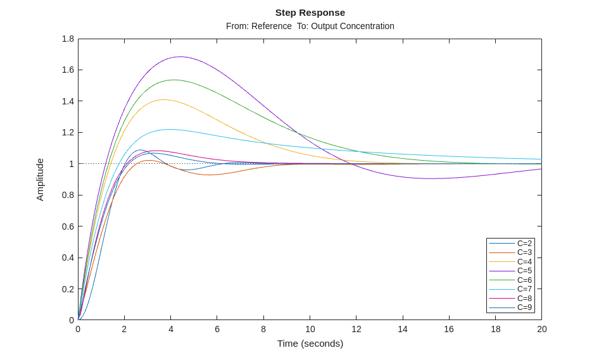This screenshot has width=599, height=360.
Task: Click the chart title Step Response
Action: coord(310,13)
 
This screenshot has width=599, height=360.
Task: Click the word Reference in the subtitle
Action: coord(272,26)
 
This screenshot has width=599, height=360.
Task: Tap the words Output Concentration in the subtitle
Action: coord(353,26)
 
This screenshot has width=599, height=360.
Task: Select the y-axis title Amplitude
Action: coord(40,180)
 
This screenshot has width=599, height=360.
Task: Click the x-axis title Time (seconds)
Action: coord(310,344)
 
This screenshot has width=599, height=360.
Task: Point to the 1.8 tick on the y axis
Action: coord(68,39)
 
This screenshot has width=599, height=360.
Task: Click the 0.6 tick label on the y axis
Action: coord(68,227)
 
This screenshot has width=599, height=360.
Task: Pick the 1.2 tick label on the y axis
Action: coord(68,132)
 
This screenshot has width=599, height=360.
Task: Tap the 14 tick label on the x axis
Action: coord(403,329)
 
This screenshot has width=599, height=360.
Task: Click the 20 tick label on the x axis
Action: coord(542,329)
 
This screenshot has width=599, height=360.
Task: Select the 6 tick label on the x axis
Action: coord(217,329)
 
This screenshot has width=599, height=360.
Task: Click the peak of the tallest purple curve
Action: coord(180,57)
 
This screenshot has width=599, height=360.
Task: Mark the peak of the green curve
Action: coord(173,80)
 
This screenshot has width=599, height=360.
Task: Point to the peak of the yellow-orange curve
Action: coord(164,99)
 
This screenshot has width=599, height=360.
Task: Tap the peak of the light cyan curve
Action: coord(169,129)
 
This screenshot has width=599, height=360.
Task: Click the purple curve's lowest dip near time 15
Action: coord(431,178)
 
